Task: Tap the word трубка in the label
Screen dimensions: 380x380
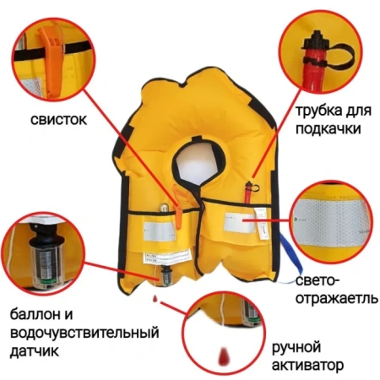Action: click(x=314, y=111)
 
